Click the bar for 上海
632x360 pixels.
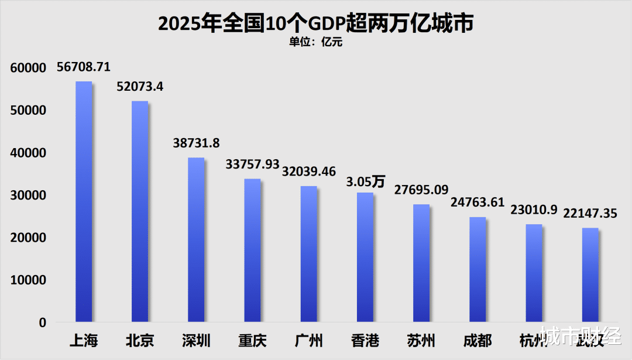[84, 201]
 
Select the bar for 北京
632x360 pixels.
[140, 211]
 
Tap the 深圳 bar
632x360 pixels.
[196, 239]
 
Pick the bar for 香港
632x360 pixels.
[365, 257]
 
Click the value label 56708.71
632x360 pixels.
[84, 67]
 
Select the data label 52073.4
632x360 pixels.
[140, 87]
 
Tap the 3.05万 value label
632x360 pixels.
[365, 181]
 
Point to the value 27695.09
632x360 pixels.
[421, 190]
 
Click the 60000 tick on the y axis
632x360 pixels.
[28, 68]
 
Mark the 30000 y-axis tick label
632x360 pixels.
[28, 196]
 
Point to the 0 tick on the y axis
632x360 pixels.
[43, 323]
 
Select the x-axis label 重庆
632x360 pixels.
[252, 341]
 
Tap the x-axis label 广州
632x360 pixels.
[308, 341]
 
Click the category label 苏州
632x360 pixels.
[421, 341]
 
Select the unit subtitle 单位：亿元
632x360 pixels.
[316, 42]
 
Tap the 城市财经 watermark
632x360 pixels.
[579, 338]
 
